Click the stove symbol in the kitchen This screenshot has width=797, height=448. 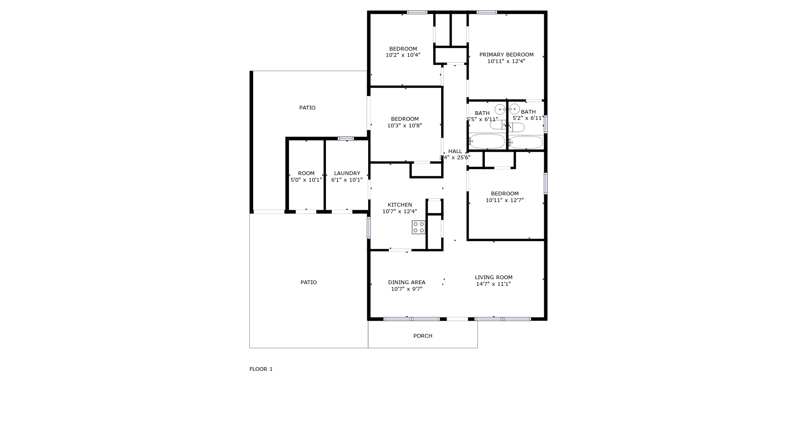tap(418, 227)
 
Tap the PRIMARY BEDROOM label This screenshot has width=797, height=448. tap(506, 55)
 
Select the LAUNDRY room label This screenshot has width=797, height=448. tap(347, 173)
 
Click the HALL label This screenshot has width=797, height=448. tap(455, 151)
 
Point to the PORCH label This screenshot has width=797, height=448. tap(423, 336)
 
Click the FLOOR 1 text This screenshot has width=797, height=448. tap(261, 369)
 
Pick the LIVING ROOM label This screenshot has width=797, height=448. tap(494, 278)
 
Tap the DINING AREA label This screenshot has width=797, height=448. tap(406, 282)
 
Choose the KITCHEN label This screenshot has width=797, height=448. tap(400, 205)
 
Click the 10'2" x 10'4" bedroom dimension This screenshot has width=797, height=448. tap(403, 55)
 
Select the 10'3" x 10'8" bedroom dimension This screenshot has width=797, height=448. tap(405, 126)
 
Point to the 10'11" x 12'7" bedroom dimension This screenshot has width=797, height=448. tap(505, 200)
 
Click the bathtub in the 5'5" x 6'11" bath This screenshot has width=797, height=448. tap(487, 141)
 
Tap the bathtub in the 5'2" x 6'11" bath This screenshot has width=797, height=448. tap(526, 142)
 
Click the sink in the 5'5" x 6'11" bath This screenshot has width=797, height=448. tap(500, 110)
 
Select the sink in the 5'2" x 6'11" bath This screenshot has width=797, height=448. tap(514, 109)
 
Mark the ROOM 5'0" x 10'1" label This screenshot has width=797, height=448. tap(306, 177)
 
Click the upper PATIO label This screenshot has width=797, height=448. tap(307, 108)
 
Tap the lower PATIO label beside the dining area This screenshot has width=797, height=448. tap(308, 282)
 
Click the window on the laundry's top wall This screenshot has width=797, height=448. tap(345, 139)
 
